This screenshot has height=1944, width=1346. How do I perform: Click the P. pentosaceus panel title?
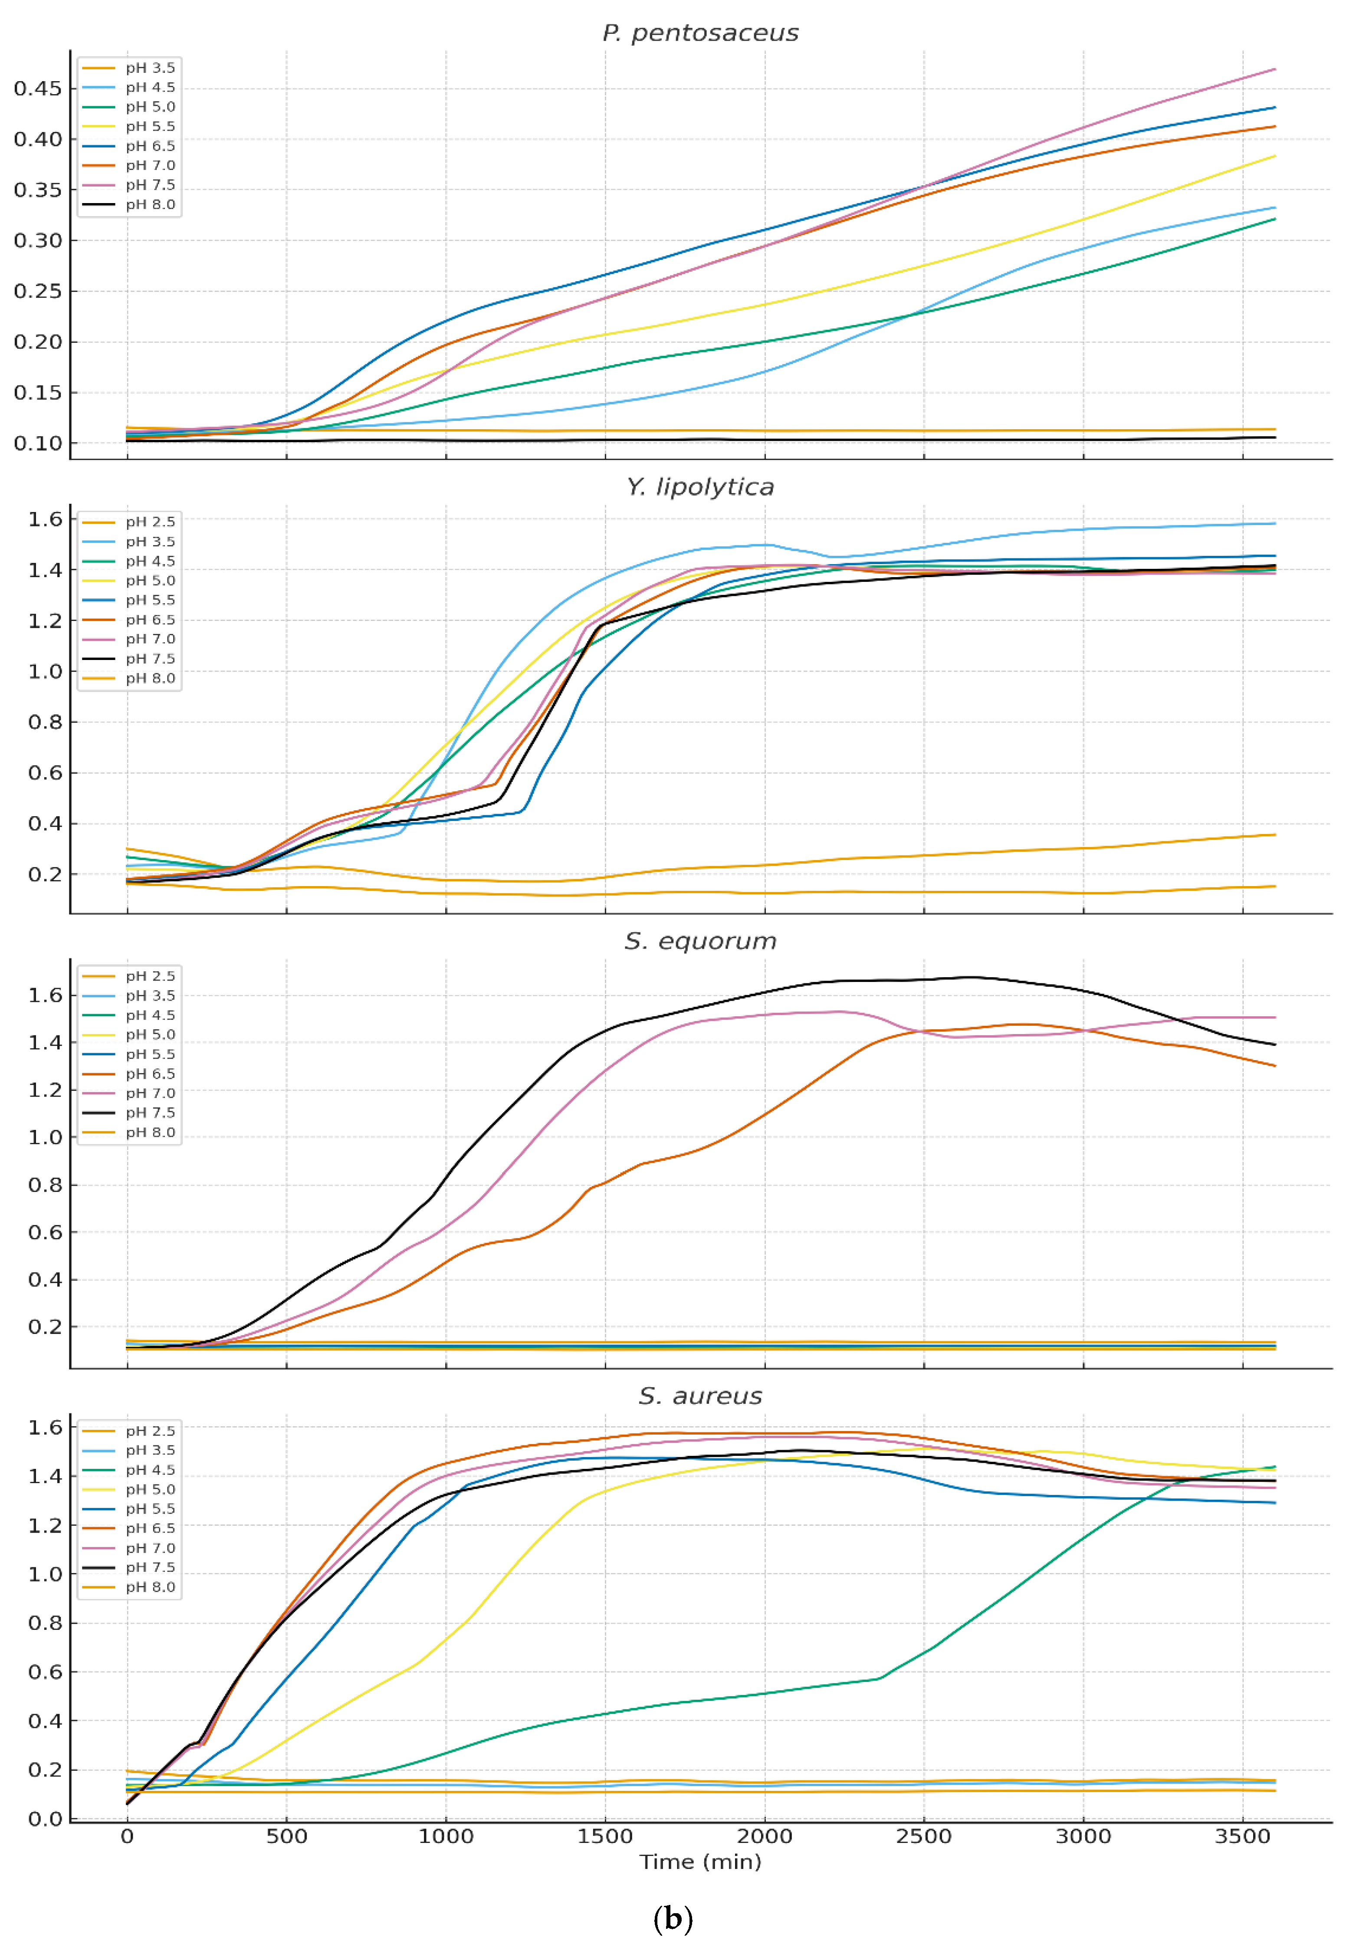click(x=700, y=33)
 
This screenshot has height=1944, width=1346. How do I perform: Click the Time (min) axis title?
click(x=700, y=1862)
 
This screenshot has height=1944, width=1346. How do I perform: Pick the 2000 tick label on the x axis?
click(x=764, y=1836)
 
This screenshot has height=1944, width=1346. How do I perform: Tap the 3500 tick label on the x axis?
click(x=1242, y=1836)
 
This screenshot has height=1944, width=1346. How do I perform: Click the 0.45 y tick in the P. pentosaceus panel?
click(x=38, y=89)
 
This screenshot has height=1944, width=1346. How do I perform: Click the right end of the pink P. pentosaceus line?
click(x=1274, y=69)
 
